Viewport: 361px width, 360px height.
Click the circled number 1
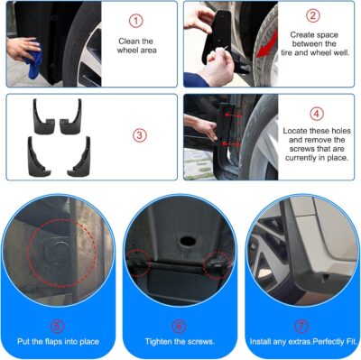[135, 20]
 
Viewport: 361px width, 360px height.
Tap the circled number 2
[313, 15]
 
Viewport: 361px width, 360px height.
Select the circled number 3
[139, 135]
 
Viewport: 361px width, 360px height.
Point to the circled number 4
[316, 114]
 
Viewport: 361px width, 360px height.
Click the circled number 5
[58, 327]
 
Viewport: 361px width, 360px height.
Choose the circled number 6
[180, 327]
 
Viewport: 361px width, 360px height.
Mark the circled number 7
[301, 327]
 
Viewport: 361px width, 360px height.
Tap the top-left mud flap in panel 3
[42, 115]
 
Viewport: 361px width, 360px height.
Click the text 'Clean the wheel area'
[135, 46]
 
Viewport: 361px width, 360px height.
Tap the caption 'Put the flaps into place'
[58, 343]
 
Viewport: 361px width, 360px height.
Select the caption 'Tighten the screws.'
[180, 343]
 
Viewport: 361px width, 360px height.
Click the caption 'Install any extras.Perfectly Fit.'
[301, 343]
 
